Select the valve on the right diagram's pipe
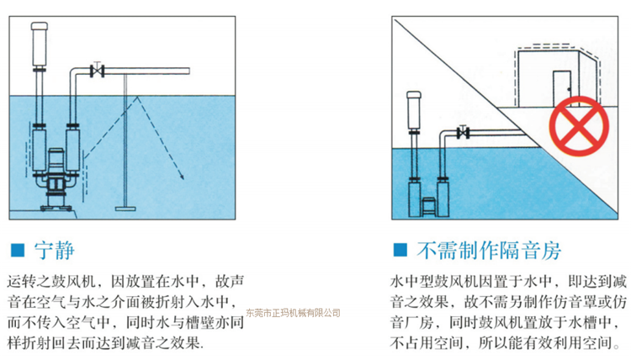click(x=462, y=132)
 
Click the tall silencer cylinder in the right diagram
click(x=413, y=108)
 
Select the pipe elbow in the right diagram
click(x=442, y=135)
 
